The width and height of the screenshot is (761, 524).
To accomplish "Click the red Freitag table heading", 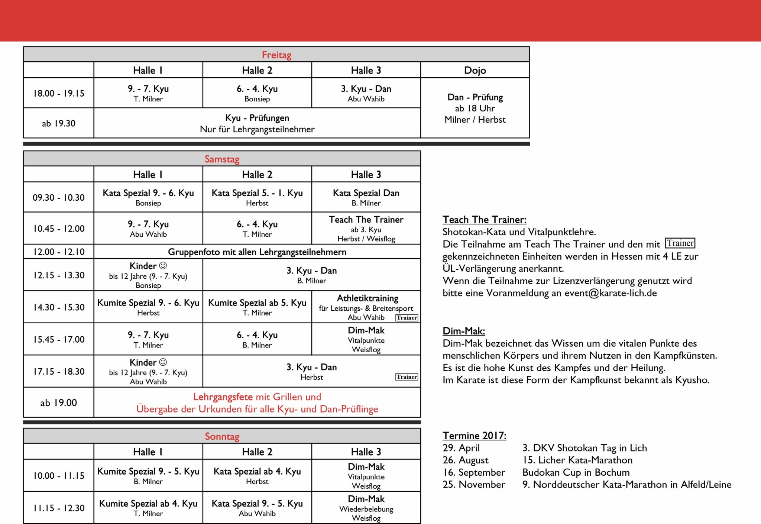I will [x=276, y=55].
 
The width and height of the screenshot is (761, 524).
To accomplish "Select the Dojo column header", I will [x=475, y=70].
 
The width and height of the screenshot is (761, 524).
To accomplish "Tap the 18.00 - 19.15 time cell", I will [x=59, y=93].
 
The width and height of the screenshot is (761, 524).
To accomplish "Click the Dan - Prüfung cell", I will [x=475, y=108].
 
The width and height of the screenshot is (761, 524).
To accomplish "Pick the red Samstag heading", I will [x=222, y=159].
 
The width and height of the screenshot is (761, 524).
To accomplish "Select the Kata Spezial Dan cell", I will [x=366, y=197].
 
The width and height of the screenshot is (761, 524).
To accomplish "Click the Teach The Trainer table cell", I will [x=366, y=229].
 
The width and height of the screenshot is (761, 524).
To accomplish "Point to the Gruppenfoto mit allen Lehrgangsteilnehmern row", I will [x=257, y=252].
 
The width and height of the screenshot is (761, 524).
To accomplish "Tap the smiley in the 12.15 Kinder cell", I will [x=163, y=266].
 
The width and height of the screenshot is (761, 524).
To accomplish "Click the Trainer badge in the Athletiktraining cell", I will [x=407, y=318].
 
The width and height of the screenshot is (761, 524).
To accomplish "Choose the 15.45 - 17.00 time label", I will [x=59, y=339].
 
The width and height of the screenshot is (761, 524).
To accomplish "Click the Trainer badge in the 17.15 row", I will [x=407, y=377].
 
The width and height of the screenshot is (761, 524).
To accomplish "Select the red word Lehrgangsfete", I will [x=223, y=397].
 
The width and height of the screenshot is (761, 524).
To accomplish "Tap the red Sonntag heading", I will [x=222, y=436].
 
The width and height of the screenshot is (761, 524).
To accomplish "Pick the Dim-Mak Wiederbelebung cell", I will [x=366, y=508].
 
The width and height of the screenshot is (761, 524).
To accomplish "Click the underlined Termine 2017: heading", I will [x=474, y=436].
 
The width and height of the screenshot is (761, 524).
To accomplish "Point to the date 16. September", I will [x=474, y=472].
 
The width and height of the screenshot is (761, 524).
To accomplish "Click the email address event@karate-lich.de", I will [x=611, y=293].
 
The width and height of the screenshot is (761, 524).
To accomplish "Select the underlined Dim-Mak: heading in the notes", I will [x=464, y=331].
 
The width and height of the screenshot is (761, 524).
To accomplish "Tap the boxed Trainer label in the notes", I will [x=680, y=243].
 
